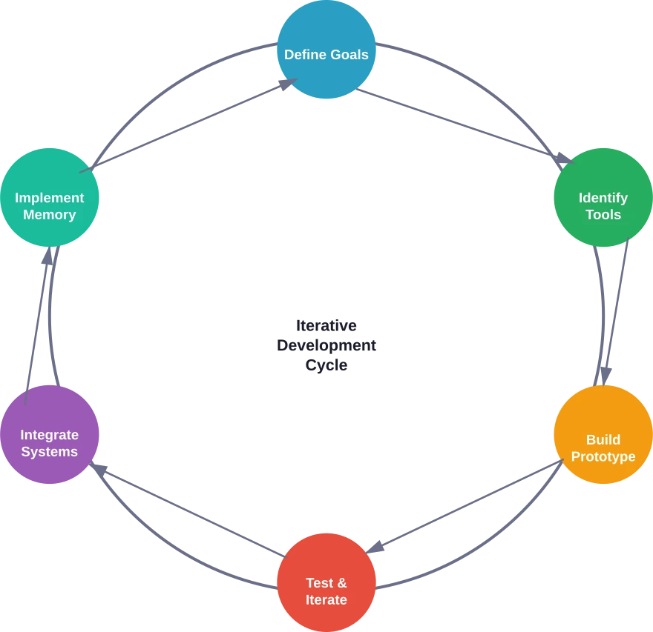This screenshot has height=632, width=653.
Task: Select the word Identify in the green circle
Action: [x=603, y=198]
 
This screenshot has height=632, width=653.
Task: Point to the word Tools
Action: [x=603, y=215]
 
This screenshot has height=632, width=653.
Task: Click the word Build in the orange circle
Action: [x=603, y=439]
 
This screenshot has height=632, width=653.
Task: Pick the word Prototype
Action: [x=603, y=456]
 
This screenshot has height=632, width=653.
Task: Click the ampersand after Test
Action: [x=341, y=583]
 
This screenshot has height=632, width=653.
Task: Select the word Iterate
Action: [x=326, y=600]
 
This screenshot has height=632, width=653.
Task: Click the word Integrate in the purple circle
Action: [x=49, y=435]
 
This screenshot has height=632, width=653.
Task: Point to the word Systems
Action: [x=49, y=452]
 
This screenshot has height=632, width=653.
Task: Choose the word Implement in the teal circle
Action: [x=49, y=198]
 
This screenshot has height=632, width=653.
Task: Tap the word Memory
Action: [x=49, y=215]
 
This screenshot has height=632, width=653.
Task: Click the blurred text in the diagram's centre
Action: [x=326, y=345]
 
